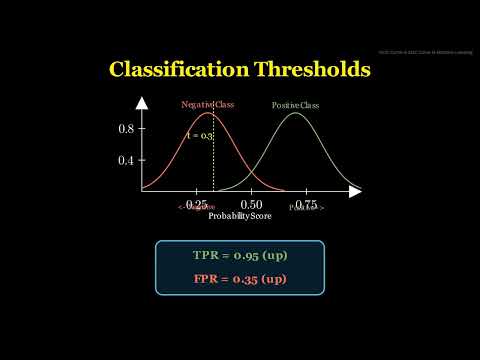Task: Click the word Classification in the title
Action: [x=166, y=70]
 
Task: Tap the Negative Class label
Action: [x=208, y=105]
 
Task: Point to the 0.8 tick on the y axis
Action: [x=126, y=129]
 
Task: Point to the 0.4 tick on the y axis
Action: [x=126, y=160]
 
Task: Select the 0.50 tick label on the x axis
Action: [x=251, y=203]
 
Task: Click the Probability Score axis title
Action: [x=239, y=216]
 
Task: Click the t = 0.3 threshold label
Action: [x=199, y=135]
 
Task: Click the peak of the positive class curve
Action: [x=295, y=113]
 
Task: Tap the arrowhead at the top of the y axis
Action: [x=144, y=101]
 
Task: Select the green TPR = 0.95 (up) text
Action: [x=240, y=255]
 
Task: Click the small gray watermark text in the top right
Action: [x=424, y=53]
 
